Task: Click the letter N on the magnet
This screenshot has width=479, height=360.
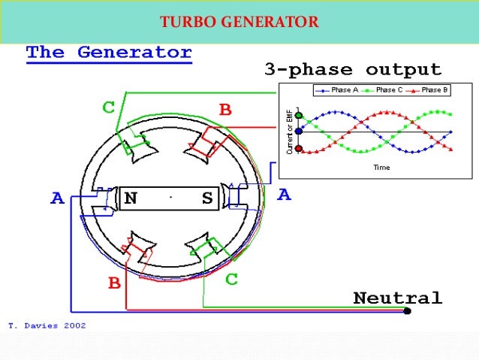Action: click(131, 198)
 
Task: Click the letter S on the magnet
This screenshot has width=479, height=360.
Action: click(207, 198)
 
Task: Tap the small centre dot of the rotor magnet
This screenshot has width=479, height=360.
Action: click(171, 198)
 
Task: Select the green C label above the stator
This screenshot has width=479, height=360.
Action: click(109, 107)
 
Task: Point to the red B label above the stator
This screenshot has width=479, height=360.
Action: click(225, 110)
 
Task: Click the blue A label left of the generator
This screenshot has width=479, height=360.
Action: click(57, 199)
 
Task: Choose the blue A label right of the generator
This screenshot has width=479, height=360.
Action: click(284, 195)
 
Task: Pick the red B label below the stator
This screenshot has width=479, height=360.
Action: click(114, 283)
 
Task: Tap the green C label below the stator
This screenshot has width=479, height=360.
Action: click(232, 280)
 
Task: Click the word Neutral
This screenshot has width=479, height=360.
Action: click(397, 298)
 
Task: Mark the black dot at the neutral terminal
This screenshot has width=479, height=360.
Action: click(407, 310)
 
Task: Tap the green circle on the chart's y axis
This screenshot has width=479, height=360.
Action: click(299, 115)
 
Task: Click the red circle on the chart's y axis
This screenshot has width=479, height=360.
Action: click(299, 149)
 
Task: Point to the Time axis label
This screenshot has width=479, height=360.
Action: click(381, 168)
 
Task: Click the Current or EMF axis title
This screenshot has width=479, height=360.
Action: click(289, 132)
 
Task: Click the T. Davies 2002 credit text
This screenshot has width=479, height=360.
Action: click(47, 326)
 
